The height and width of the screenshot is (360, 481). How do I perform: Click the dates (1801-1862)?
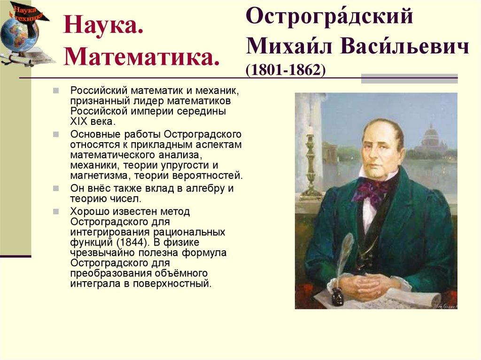[x=286, y=69]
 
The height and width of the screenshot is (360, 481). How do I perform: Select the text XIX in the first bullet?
[x=79, y=121]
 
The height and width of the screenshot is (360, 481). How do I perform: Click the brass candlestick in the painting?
[x=310, y=164]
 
